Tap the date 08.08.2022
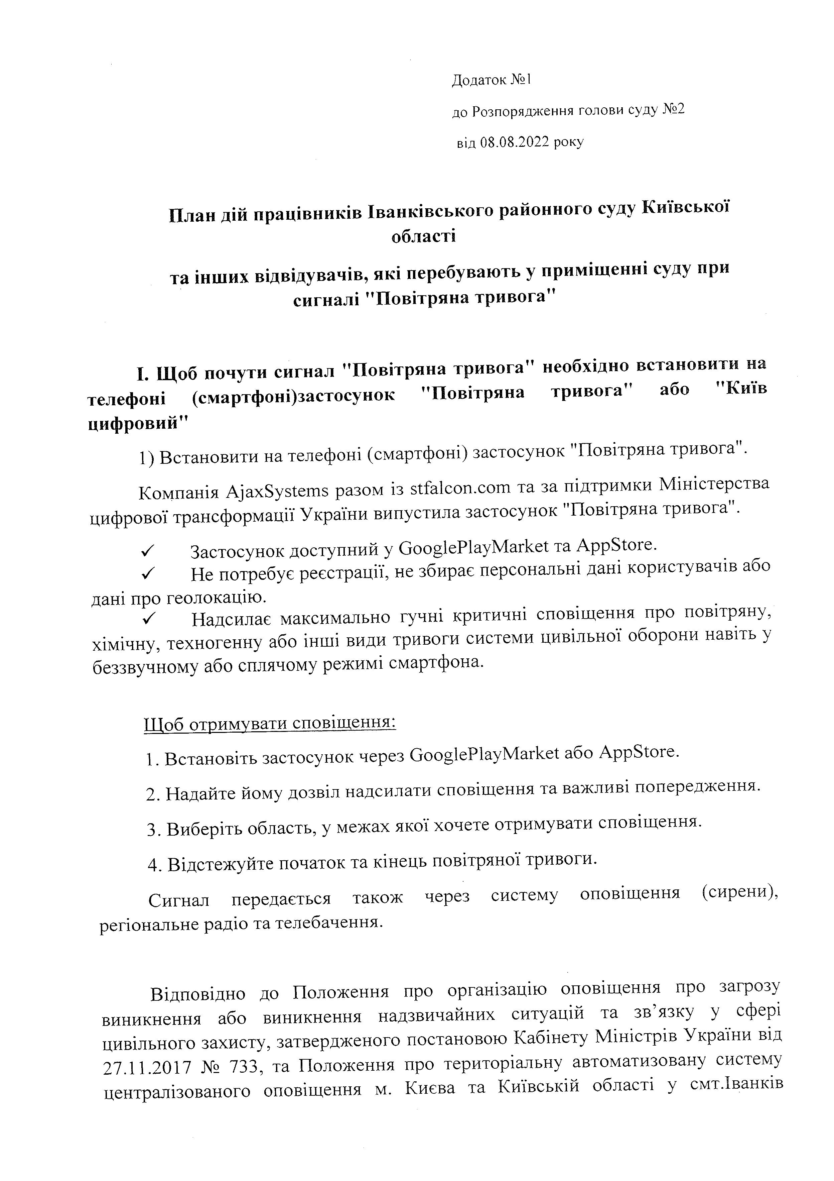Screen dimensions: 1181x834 514,142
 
